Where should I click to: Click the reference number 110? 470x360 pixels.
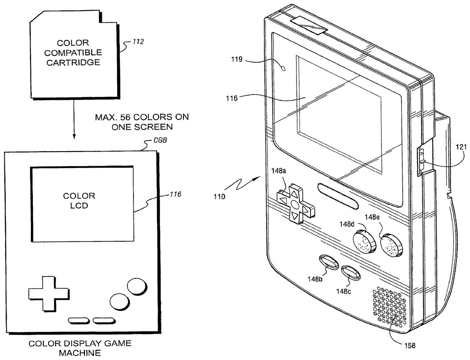click(219, 197)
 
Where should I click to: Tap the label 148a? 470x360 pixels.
click(279, 171)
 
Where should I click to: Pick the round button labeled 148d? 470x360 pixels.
click(364, 241)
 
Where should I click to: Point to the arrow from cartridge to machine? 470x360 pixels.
click(74, 118)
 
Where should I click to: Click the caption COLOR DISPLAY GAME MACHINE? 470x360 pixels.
click(80, 348)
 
